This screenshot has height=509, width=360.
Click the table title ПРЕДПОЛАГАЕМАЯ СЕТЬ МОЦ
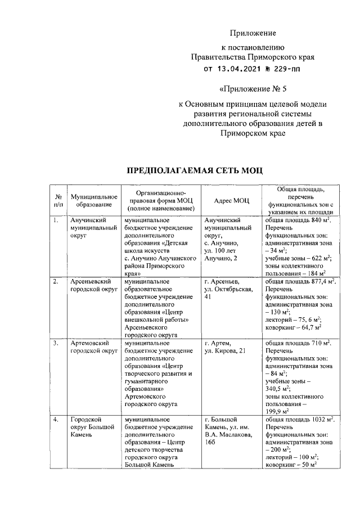(x=193, y=170)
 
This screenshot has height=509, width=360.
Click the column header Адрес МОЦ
(x=232, y=201)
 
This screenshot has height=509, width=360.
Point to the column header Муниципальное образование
(x=93, y=201)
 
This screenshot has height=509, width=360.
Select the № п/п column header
(x=57, y=201)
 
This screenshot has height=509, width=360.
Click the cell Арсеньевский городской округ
(x=93, y=285)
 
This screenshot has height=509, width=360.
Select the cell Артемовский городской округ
(x=93, y=346)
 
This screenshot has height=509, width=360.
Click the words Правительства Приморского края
(x=252, y=57)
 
